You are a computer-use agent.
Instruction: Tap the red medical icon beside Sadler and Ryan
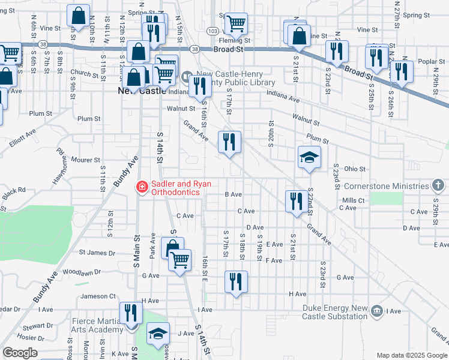(x=142, y=188)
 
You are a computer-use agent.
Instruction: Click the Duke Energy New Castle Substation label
(x=334, y=311)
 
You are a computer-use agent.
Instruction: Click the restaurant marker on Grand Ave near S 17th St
(x=229, y=142)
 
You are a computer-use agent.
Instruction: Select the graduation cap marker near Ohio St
(x=309, y=158)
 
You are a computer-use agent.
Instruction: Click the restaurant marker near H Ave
(x=236, y=281)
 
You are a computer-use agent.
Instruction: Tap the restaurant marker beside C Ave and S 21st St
(x=295, y=201)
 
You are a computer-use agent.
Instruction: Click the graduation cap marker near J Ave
(x=158, y=334)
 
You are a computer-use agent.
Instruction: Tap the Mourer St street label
(x=85, y=160)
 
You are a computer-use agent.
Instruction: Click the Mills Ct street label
(x=354, y=200)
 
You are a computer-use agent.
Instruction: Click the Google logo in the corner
(x=20, y=353)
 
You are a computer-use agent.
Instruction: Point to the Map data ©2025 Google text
(x=411, y=355)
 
